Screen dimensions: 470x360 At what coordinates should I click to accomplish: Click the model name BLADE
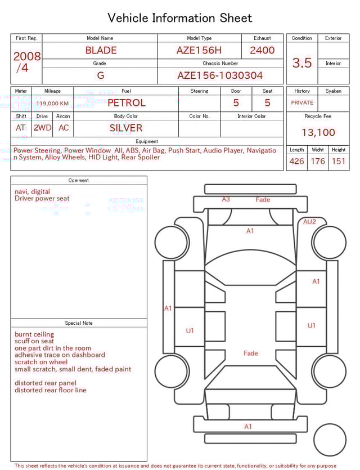(x=101, y=50)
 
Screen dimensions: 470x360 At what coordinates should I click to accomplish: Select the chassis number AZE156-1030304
(x=220, y=75)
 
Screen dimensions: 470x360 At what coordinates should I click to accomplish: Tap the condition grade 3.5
(x=302, y=63)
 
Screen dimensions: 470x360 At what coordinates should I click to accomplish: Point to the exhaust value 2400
(x=262, y=50)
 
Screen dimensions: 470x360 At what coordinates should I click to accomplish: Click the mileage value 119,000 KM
(x=52, y=104)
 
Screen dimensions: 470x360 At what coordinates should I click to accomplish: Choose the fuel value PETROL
(x=126, y=103)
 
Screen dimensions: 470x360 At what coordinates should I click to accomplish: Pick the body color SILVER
(x=126, y=128)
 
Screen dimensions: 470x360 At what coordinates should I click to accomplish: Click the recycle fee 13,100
(x=318, y=133)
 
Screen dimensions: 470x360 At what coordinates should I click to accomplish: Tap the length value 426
(x=296, y=162)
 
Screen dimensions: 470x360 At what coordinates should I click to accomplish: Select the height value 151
(x=339, y=162)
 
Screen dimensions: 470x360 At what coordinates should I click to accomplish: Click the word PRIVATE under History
(x=302, y=103)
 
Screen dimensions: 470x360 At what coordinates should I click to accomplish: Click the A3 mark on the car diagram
(x=226, y=199)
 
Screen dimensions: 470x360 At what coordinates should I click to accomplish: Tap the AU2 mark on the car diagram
(x=309, y=222)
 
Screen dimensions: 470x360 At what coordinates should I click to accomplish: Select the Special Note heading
(x=79, y=323)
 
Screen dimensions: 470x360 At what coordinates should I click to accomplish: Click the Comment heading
(x=79, y=181)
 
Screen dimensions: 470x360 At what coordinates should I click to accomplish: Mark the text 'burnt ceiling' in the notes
(x=34, y=334)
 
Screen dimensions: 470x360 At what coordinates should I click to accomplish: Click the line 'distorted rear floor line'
(x=51, y=390)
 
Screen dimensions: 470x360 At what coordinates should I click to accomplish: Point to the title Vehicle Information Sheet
(x=180, y=18)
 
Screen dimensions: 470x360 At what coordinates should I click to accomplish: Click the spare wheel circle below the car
(x=330, y=440)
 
